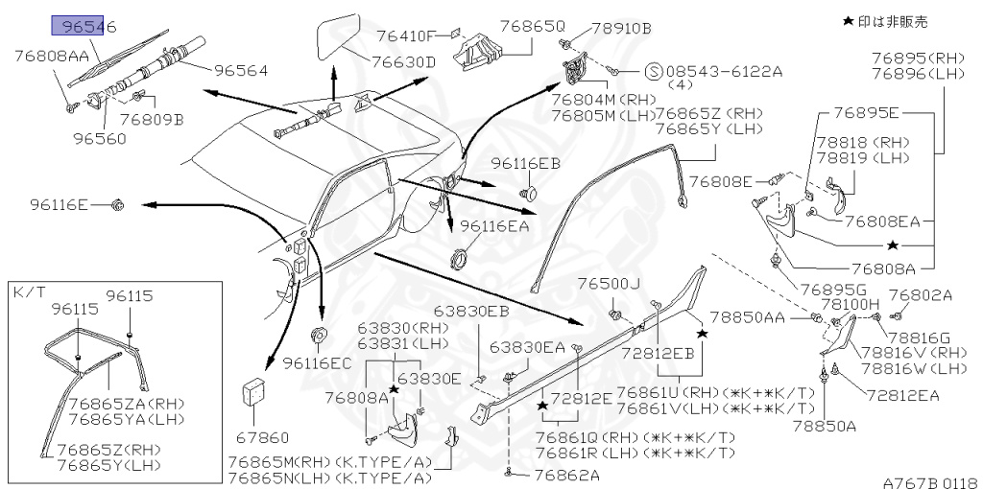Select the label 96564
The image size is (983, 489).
click(x=240, y=70)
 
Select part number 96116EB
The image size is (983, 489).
click(x=525, y=163)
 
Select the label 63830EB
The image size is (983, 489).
click(x=470, y=311)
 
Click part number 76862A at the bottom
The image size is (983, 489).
click(x=566, y=475)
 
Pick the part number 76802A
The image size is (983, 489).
click(x=920, y=295)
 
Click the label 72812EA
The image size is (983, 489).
click(x=901, y=394)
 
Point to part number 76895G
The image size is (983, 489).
click(x=833, y=289)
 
